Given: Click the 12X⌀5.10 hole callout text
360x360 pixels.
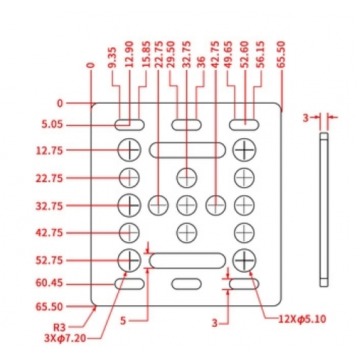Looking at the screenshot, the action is tap(302, 319).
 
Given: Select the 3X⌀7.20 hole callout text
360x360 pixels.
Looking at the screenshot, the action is tap(66, 338).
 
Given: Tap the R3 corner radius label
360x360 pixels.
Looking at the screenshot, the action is tap(60, 327).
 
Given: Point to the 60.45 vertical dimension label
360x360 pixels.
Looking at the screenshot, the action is tap(49, 283).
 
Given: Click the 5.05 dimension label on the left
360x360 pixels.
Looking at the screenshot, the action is tap(52, 125).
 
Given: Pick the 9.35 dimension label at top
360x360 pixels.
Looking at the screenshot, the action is tap(112, 58).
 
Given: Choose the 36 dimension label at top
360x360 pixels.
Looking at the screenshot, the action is tap(201, 62).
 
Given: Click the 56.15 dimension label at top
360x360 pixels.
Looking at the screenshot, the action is tap(260, 55).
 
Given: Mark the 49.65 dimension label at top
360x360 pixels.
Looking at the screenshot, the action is tap(228, 55).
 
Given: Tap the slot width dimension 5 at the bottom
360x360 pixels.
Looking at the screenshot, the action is tap(123, 320).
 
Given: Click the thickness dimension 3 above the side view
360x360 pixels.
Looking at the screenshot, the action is tap(305, 118).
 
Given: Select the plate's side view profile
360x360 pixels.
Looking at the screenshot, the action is tap(324, 210).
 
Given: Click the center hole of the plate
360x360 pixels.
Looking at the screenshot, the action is tap(186, 205).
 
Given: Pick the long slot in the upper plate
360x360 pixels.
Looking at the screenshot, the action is tap(187, 150).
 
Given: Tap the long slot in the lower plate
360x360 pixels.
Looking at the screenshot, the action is tap(187, 261).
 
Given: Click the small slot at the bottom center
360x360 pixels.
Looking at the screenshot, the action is tap(186, 284).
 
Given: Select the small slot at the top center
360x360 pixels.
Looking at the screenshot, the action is tap(186, 125).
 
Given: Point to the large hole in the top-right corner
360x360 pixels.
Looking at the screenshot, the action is tap(244, 150).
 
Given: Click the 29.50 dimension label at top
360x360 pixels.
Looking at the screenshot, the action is tap(171, 55).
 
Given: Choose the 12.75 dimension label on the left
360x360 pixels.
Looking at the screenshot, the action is tap(49, 150).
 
